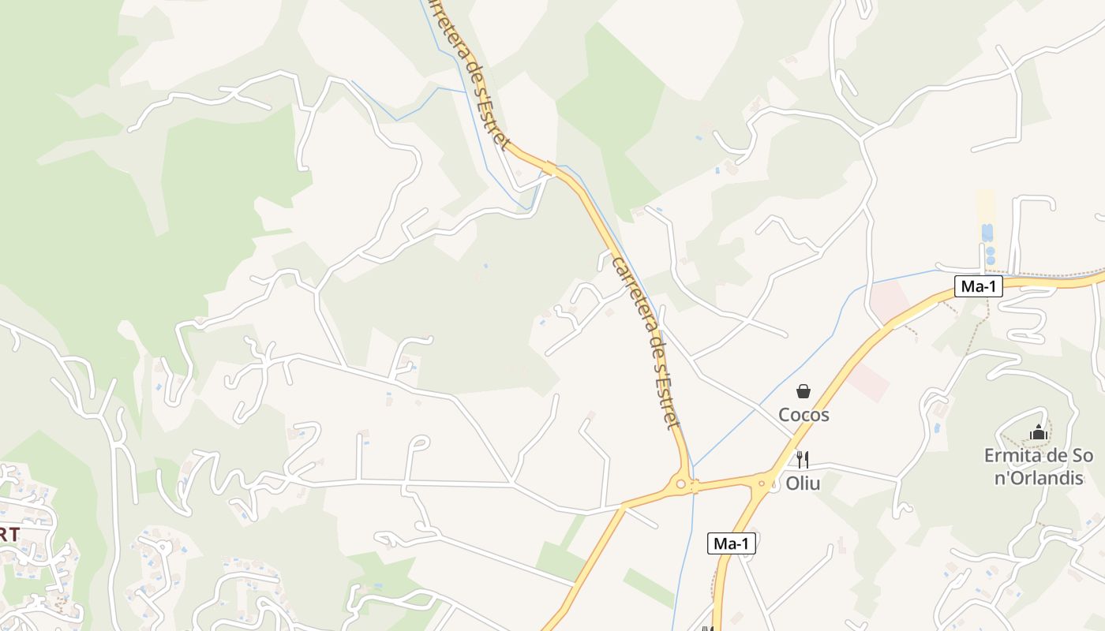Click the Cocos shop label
pos(803,414)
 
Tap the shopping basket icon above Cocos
pos(803,391)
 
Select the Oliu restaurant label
pos(803,483)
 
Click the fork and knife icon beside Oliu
pos(803,460)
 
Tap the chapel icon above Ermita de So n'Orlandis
pos(1039,432)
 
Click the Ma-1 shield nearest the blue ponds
pos(979,286)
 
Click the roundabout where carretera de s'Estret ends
pos(680,483)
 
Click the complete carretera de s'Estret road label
pos(646,341)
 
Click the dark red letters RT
pos(9,534)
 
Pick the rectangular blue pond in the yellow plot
pos(987,233)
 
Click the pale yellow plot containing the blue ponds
pos(986,207)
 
